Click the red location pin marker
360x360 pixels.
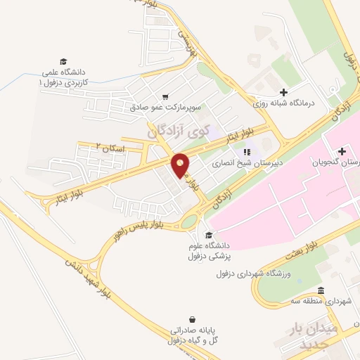pos(181,165)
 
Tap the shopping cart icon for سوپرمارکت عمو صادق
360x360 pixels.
pos(165,97)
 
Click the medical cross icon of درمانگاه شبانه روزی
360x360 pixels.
pos(283,92)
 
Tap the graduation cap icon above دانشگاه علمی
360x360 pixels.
pos(63,62)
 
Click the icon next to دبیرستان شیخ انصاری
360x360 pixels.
pos(246,151)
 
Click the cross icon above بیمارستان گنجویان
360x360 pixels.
pos(342,151)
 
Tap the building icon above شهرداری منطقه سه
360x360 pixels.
pos(321,290)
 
